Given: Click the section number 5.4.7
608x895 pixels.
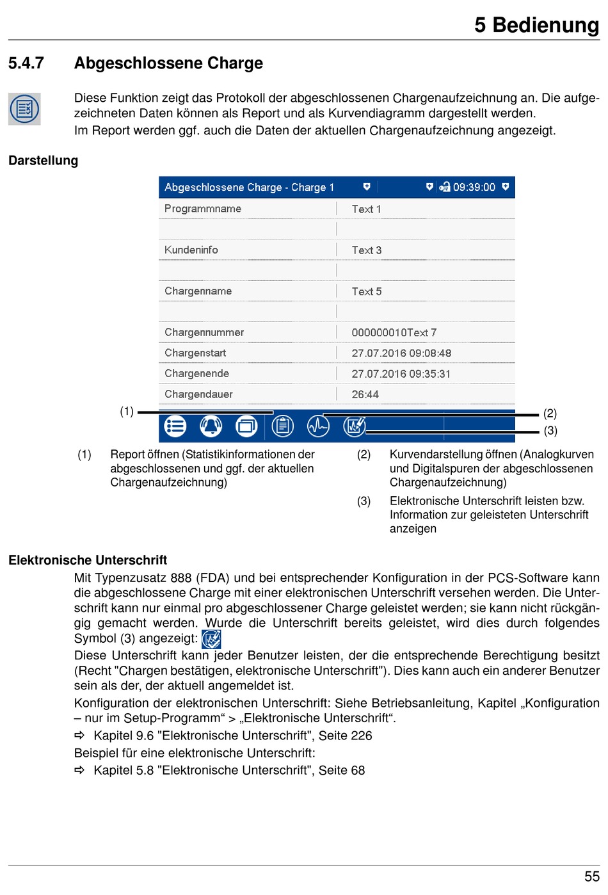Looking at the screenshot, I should click(x=26, y=63).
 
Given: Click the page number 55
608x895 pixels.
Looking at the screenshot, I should click(x=591, y=876).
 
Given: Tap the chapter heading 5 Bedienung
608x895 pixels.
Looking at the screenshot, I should click(x=536, y=25).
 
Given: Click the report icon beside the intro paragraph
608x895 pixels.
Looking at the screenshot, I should click(x=24, y=109).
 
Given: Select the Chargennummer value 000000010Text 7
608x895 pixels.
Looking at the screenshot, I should click(x=394, y=332).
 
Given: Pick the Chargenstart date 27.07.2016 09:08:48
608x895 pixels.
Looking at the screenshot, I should click(x=401, y=353).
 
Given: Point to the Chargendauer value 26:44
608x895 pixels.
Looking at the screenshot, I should click(x=365, y=394).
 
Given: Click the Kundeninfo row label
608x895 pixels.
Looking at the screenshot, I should click(x=191, y=250).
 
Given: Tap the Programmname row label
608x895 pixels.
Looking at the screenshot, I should click(x=202, y=209).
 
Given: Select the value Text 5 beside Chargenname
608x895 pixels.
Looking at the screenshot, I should click(x=366, y=291).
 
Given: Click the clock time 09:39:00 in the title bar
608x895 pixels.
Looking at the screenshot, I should click(x=474, y=187).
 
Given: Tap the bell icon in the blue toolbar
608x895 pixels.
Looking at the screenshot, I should click(x=211, y=426).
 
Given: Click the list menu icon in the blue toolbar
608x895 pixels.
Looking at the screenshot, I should click(x=175, y=426).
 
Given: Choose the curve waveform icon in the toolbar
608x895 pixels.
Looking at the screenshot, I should click(x=318, y=426).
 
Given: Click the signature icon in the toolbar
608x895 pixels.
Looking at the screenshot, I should click(x=354, y=426).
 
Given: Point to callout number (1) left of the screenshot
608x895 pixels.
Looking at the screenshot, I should click(x=127, y=411).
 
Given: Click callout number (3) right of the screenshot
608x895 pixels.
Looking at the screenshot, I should click(x=550, y=430).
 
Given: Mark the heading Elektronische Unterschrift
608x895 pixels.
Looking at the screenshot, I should click(x=88, y=560).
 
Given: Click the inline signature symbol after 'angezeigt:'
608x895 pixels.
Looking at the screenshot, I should click(x=211, y=639).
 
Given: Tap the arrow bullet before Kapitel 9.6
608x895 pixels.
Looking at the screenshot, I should click(x=79, y=735).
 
